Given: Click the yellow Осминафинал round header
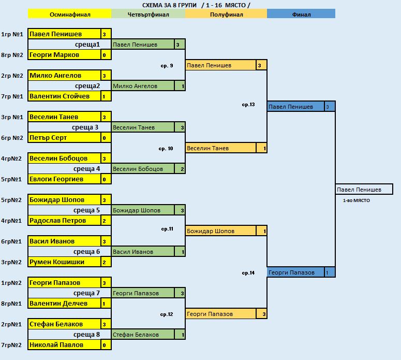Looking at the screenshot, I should tap(69, 14).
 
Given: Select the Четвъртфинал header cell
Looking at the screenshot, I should tap(148, 14).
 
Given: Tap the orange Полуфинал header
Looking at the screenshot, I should tap(226, 14).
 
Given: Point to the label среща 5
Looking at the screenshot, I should tap(86, 210).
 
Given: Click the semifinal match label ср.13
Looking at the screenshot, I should tap(248, 105).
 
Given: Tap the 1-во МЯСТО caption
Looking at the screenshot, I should tap(356, 200).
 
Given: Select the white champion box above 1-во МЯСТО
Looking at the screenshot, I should tap(364, 190).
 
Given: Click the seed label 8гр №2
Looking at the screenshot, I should tap(12, 55).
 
